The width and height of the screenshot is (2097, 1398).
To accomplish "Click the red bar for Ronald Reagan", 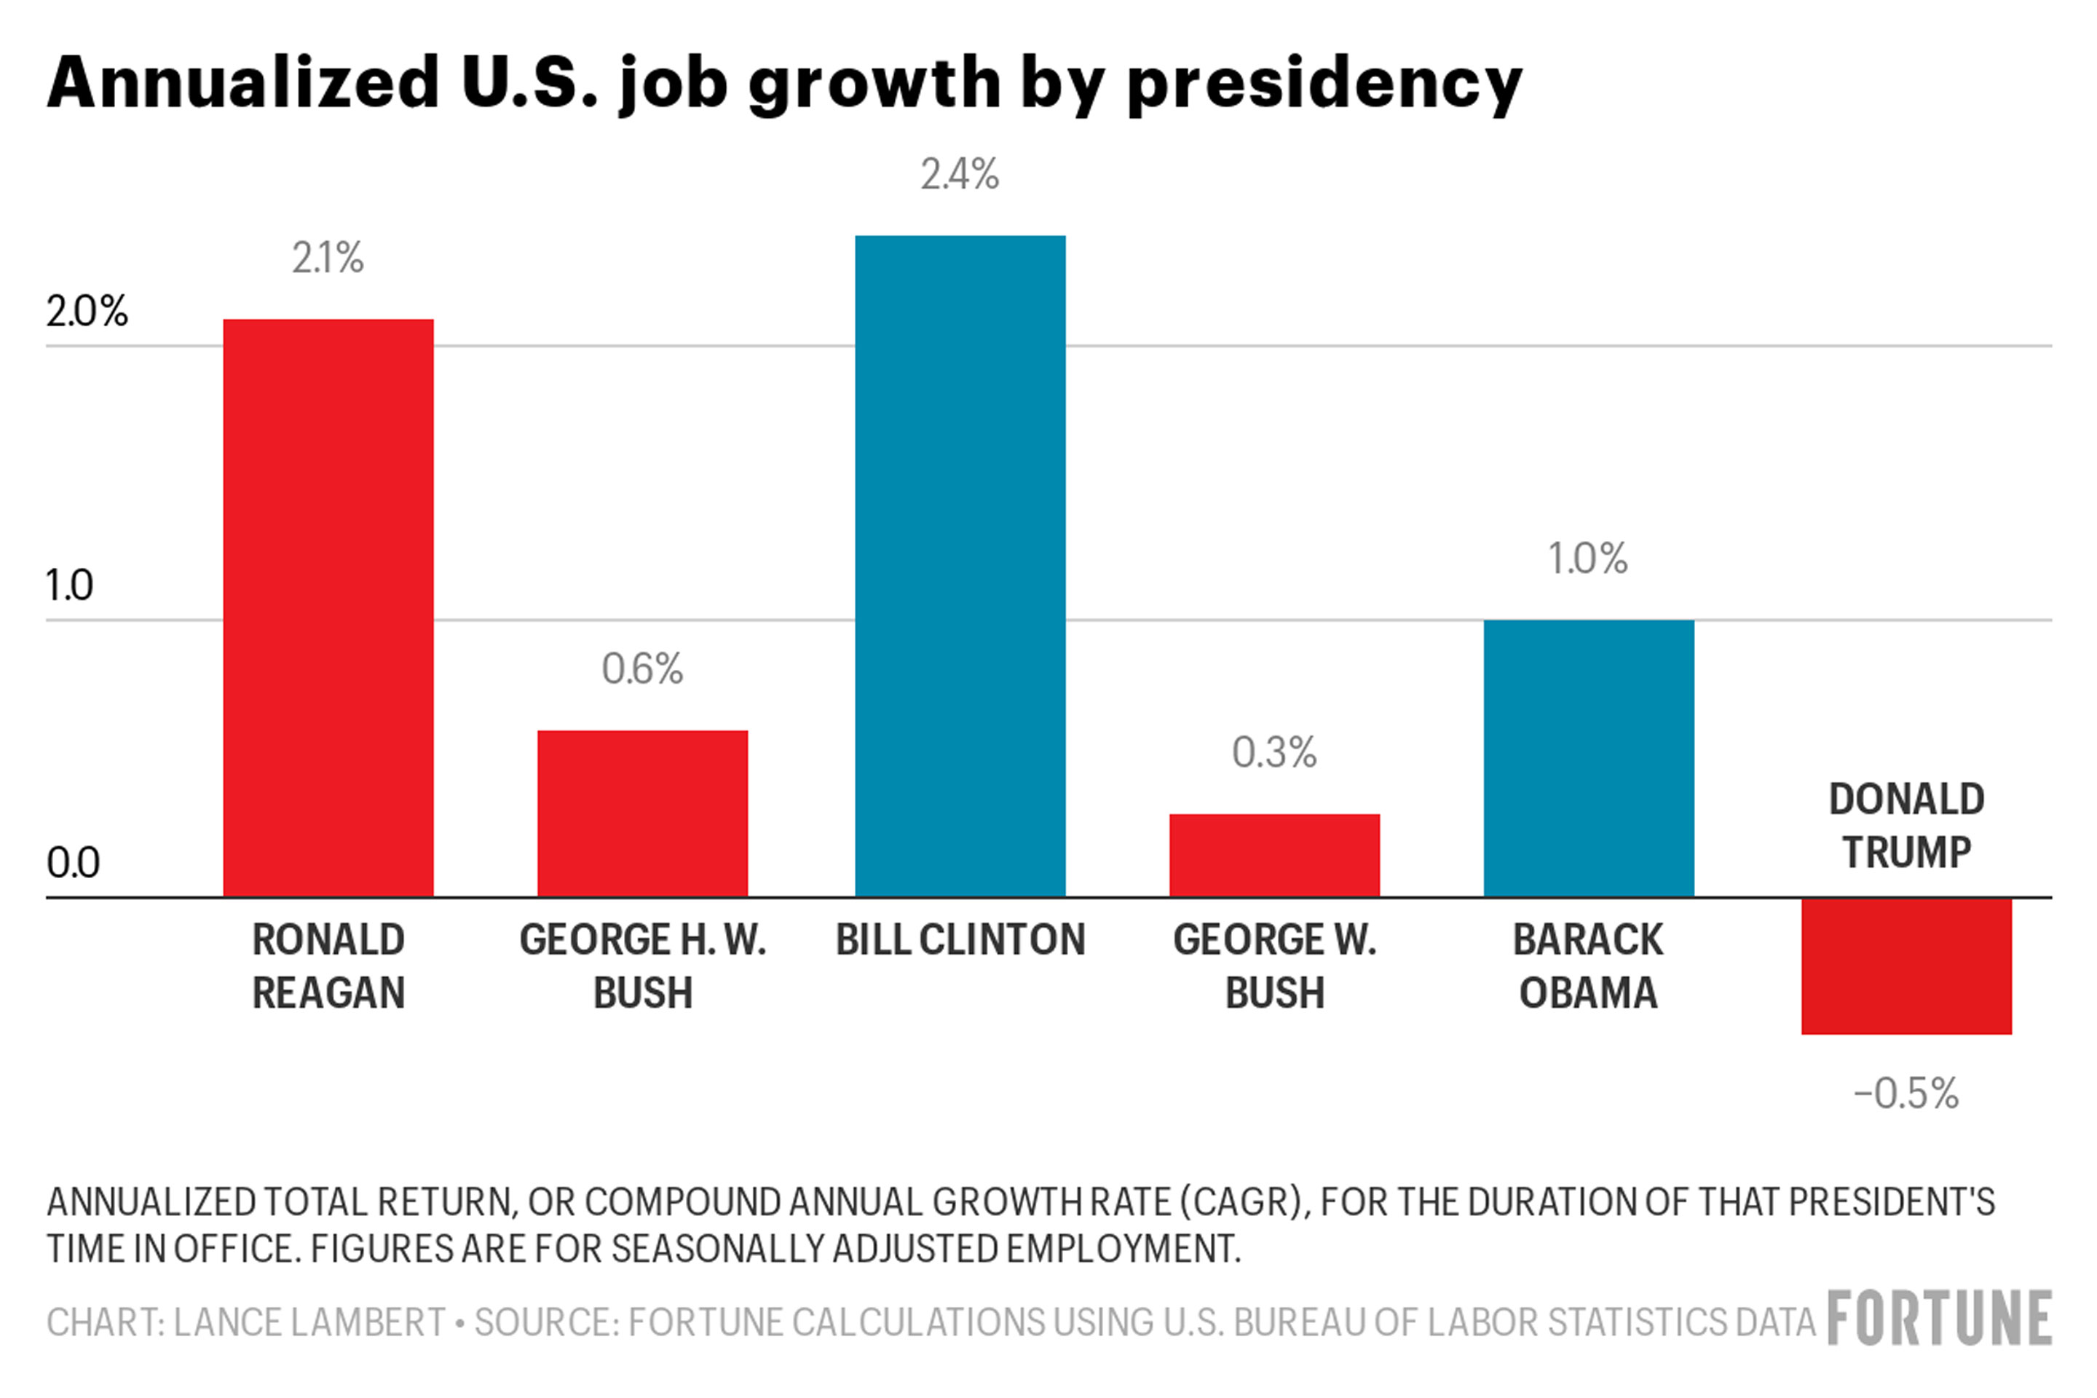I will tap(328, 607).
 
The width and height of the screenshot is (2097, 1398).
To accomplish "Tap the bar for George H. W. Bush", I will tap(642, 813).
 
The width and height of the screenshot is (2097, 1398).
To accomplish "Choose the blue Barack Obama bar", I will tap(1588, 758).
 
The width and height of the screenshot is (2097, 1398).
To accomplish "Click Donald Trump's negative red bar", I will tap(1906, 966).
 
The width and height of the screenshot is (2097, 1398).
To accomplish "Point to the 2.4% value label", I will tap(960, 175).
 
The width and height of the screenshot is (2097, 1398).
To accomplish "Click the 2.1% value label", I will tap(328, 258).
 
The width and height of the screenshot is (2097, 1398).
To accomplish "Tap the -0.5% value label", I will tap(1906, 1094).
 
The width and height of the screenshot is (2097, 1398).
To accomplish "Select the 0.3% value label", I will tap(1274, 752).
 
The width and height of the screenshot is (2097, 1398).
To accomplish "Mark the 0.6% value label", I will tap(642, 668).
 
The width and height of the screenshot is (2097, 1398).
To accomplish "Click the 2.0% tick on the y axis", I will tap(87, 312).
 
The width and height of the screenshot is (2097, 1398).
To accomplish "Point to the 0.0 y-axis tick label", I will tap(73, 863).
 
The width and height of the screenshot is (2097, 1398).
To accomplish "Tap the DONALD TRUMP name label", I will tap(1906, 826).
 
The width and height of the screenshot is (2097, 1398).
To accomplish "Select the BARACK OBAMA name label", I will tap(1588, 966).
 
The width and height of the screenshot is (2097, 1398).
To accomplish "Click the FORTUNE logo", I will tap(1939, 1319).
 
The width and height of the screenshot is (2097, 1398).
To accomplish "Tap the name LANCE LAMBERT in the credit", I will tap(309, 1322).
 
